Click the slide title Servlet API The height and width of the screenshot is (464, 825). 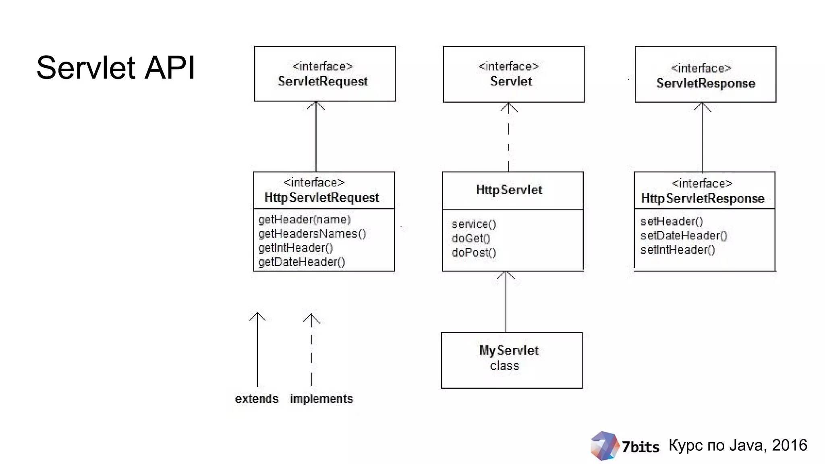[116, 68]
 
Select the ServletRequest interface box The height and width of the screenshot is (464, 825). [325, 74]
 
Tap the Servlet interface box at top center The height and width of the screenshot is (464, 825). [513, 74]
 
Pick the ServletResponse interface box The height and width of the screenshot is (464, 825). [705, 75]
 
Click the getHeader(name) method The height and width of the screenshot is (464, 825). [305, 220]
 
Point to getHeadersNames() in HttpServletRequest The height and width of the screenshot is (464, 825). [312, 234]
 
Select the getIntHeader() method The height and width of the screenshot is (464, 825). [295, 248]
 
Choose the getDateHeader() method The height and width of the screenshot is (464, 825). [302, 262]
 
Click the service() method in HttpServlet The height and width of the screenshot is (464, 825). [474, 224]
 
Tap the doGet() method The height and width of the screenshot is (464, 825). [471, 238]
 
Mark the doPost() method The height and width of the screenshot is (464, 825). [474, 253]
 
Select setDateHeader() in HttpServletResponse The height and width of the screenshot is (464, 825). [684, 236]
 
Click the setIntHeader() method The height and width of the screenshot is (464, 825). [678, 250]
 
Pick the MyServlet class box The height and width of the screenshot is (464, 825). [512, 360]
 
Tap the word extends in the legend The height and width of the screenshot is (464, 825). [257, 399]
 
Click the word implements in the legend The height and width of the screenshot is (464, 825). [321, 399]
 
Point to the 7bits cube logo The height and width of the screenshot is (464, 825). [603, 445]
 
